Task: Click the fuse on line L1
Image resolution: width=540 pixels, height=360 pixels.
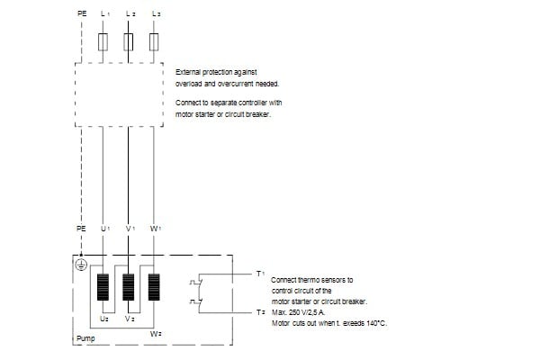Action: click(x=103, y=42)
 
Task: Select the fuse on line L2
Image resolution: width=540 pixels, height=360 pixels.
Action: click(x=128, y=42)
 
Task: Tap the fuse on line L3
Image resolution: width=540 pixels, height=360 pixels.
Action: click(x=154, y=42)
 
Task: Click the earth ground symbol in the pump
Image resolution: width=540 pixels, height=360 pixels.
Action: click(x=81, y=265)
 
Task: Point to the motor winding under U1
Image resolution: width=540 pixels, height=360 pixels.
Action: click(x=103, y=287)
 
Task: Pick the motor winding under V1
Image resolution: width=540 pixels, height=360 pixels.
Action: click(x=128, y=287)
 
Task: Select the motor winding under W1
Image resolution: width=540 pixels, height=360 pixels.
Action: click(x=154, y=287)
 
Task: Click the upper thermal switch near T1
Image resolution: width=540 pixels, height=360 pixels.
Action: click(x=196, y=283)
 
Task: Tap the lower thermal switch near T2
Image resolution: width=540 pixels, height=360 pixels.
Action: click(x=196, y=302)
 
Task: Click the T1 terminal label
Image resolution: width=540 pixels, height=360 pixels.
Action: click(x=260, y=274)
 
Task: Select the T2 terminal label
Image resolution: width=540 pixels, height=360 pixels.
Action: click(x=260, y=312)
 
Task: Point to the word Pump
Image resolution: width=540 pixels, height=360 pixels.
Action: click(x=85, y=338)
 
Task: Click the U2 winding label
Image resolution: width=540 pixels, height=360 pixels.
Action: click(x=104, y=319)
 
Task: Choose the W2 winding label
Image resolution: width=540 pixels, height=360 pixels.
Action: click(x=156, y=334)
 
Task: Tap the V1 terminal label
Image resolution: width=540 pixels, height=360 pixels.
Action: click(x=130, y=229)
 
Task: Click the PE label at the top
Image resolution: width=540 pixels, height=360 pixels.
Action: click(x=82, y=13)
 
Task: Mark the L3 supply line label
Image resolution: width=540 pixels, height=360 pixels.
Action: click(x=156, y=13)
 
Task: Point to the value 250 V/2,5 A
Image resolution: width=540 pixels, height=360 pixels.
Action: click(x=307, y=312)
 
